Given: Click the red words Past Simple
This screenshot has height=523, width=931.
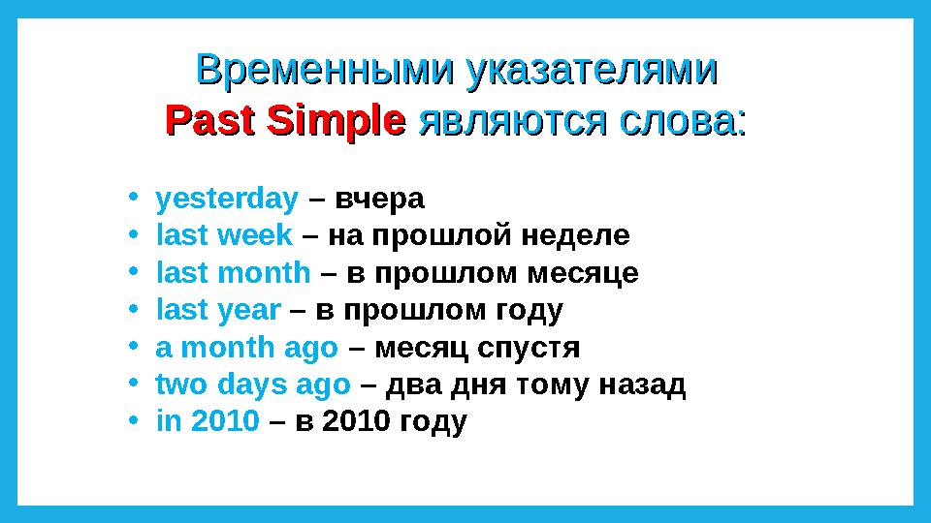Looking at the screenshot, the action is [285, 123].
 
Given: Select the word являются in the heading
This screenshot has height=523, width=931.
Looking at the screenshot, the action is [513, 122].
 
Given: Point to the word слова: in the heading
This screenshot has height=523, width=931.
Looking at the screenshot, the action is [683, 122].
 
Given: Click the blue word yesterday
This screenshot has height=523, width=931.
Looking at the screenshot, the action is [227, 200].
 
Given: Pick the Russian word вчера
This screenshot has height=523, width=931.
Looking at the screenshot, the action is [380, 200].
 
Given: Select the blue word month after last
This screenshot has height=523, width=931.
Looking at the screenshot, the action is [265, 273].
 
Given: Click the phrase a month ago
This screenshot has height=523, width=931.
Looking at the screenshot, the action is [247, 348].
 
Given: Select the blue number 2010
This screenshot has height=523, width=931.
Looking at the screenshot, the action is [225, 421].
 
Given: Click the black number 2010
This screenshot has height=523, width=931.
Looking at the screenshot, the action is [356, 421].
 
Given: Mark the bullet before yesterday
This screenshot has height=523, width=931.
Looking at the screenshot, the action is [134, 196].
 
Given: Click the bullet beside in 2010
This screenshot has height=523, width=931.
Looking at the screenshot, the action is [134, 419].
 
